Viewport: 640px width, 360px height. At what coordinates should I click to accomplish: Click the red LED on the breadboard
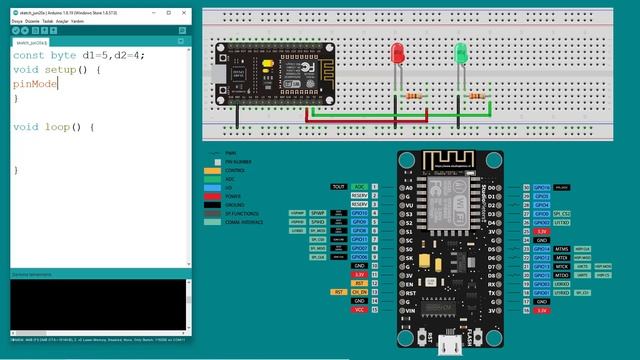click(398, 54)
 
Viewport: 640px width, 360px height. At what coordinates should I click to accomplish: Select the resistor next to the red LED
click(414, 95)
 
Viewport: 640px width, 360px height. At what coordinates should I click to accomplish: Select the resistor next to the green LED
click(477, 95)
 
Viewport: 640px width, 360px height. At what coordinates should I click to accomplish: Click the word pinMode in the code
click(35, 84)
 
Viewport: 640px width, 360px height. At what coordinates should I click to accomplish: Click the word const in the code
click(28, 55)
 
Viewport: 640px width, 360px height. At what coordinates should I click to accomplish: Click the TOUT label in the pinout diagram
click(339, 187)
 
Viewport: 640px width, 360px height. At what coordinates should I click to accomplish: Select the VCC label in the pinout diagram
click(359, 311)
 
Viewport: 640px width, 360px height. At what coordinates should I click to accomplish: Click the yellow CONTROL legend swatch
click(213, 170)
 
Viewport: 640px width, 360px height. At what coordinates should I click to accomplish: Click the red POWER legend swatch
click(213, 196)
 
